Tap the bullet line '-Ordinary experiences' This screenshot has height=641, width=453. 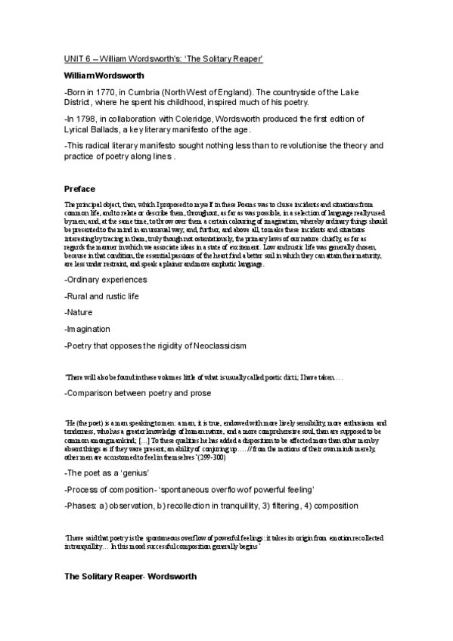[105, 280]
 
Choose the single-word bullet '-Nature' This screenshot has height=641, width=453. [79, 312]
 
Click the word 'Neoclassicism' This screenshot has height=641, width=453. [219, 345]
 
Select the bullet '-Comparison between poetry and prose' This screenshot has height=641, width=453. [138, 393]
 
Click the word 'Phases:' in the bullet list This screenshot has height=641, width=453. [82, 505]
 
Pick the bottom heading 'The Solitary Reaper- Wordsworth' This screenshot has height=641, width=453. [130, 576]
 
